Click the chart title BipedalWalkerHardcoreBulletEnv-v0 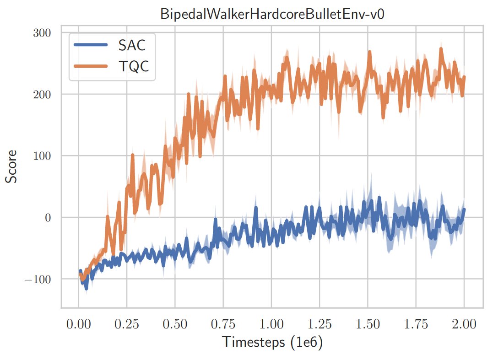(x=272, y=14)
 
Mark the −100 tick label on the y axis (x=40, y=279)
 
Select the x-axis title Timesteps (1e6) (x=272, y=343)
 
